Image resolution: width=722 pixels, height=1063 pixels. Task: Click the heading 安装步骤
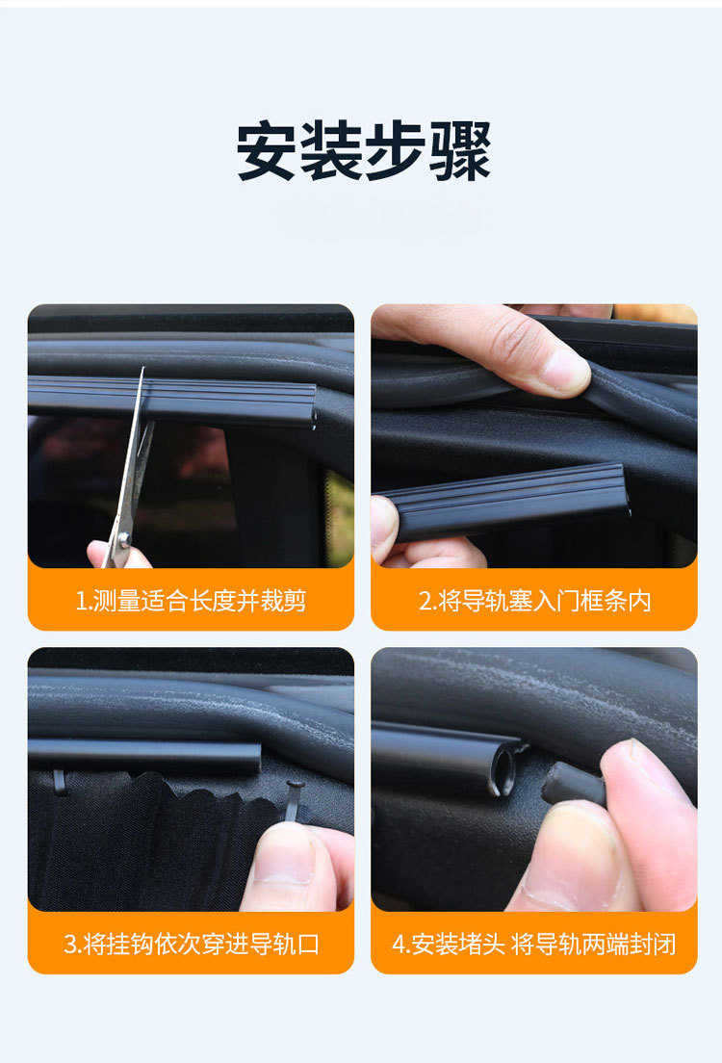click(x=363, y=151)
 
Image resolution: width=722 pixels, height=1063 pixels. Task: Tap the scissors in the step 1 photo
click(x=130, y=472)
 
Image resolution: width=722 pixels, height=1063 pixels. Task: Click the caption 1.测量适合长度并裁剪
click(x=191, y=601)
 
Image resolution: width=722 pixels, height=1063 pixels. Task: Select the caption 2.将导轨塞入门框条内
click(x=534, y=601)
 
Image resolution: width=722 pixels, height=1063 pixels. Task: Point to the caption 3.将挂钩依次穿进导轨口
click(x=191, y=944)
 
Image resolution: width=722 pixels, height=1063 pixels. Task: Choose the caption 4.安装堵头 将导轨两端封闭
click(x=534, y=944)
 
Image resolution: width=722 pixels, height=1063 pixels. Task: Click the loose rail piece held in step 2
click(x=510, y=501)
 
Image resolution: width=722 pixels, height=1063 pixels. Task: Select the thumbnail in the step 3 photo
click(x=283, y=851)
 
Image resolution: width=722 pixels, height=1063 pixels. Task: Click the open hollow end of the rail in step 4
click(x=503, y=771)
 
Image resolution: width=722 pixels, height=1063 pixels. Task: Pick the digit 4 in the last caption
click(x=398, y=944)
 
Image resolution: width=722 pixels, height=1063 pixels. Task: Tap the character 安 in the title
click(x=267, y=151)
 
